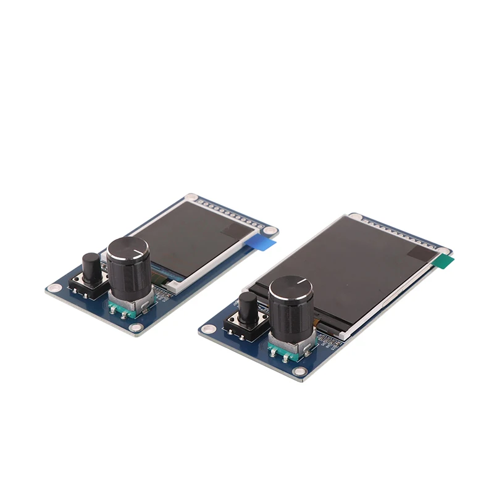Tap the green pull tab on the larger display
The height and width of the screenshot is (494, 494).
tap(442, 262)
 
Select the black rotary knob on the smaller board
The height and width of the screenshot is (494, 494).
tap(127, 269)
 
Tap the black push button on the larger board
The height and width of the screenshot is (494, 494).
tap(248, 309)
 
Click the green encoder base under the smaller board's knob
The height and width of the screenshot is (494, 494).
tap(124, 309)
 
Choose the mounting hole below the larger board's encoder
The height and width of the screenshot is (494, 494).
tap(300, 371)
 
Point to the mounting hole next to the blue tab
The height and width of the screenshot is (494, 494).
tap(270, 233)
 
